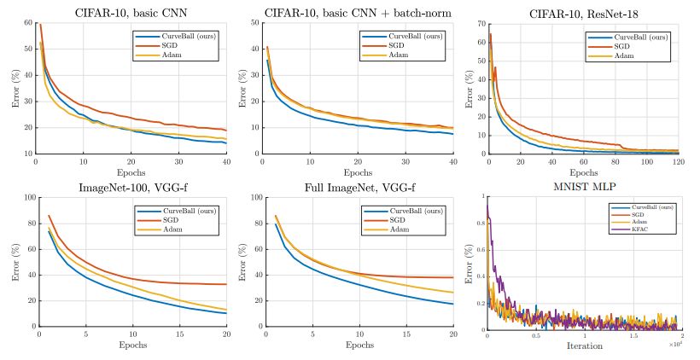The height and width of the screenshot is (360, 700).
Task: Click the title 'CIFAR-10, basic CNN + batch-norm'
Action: click(x=359, y=13)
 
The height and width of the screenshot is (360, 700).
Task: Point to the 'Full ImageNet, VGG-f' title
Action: click(x=358, y=188)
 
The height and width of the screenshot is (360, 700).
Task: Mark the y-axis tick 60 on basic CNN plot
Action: click(x=27, y=23)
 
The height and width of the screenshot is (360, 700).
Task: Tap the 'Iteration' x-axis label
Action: click(x=585, y=345)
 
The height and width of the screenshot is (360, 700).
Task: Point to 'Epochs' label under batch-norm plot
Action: click(x=358, y=171)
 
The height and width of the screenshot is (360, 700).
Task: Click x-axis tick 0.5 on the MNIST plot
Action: click(x=535, y=335)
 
